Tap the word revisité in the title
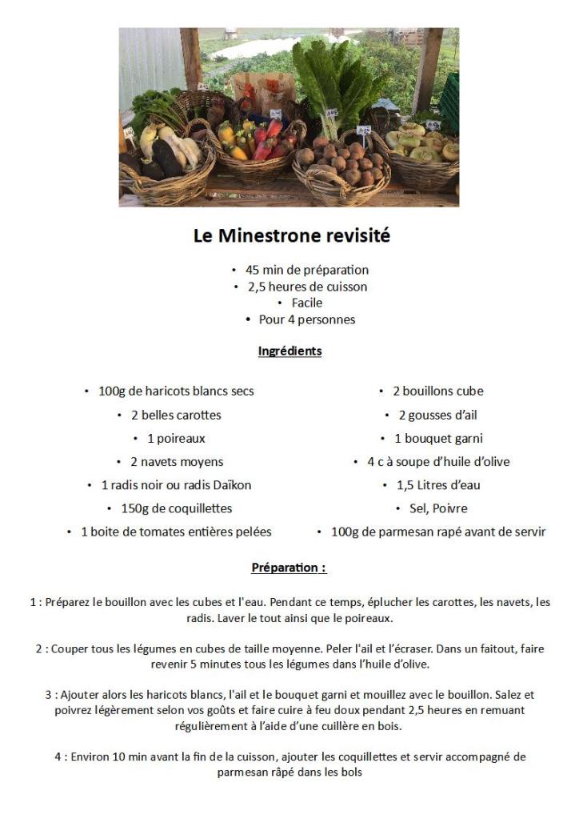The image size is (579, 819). coord(357,236)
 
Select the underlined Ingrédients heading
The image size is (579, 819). coord(289,351)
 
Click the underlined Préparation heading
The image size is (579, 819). coord(289,568)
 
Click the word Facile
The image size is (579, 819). coord(307,303)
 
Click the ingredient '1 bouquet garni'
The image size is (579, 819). coord(438,438)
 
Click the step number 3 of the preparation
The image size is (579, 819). coord(49,695)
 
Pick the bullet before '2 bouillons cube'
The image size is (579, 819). coord(381,391)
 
